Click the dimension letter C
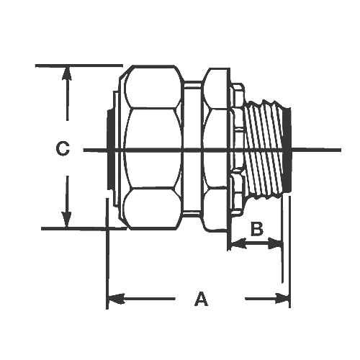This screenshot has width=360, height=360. tap(63, 149)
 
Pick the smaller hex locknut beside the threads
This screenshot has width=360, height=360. tap(214, 150)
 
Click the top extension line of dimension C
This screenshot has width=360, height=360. tap(79, 66)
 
